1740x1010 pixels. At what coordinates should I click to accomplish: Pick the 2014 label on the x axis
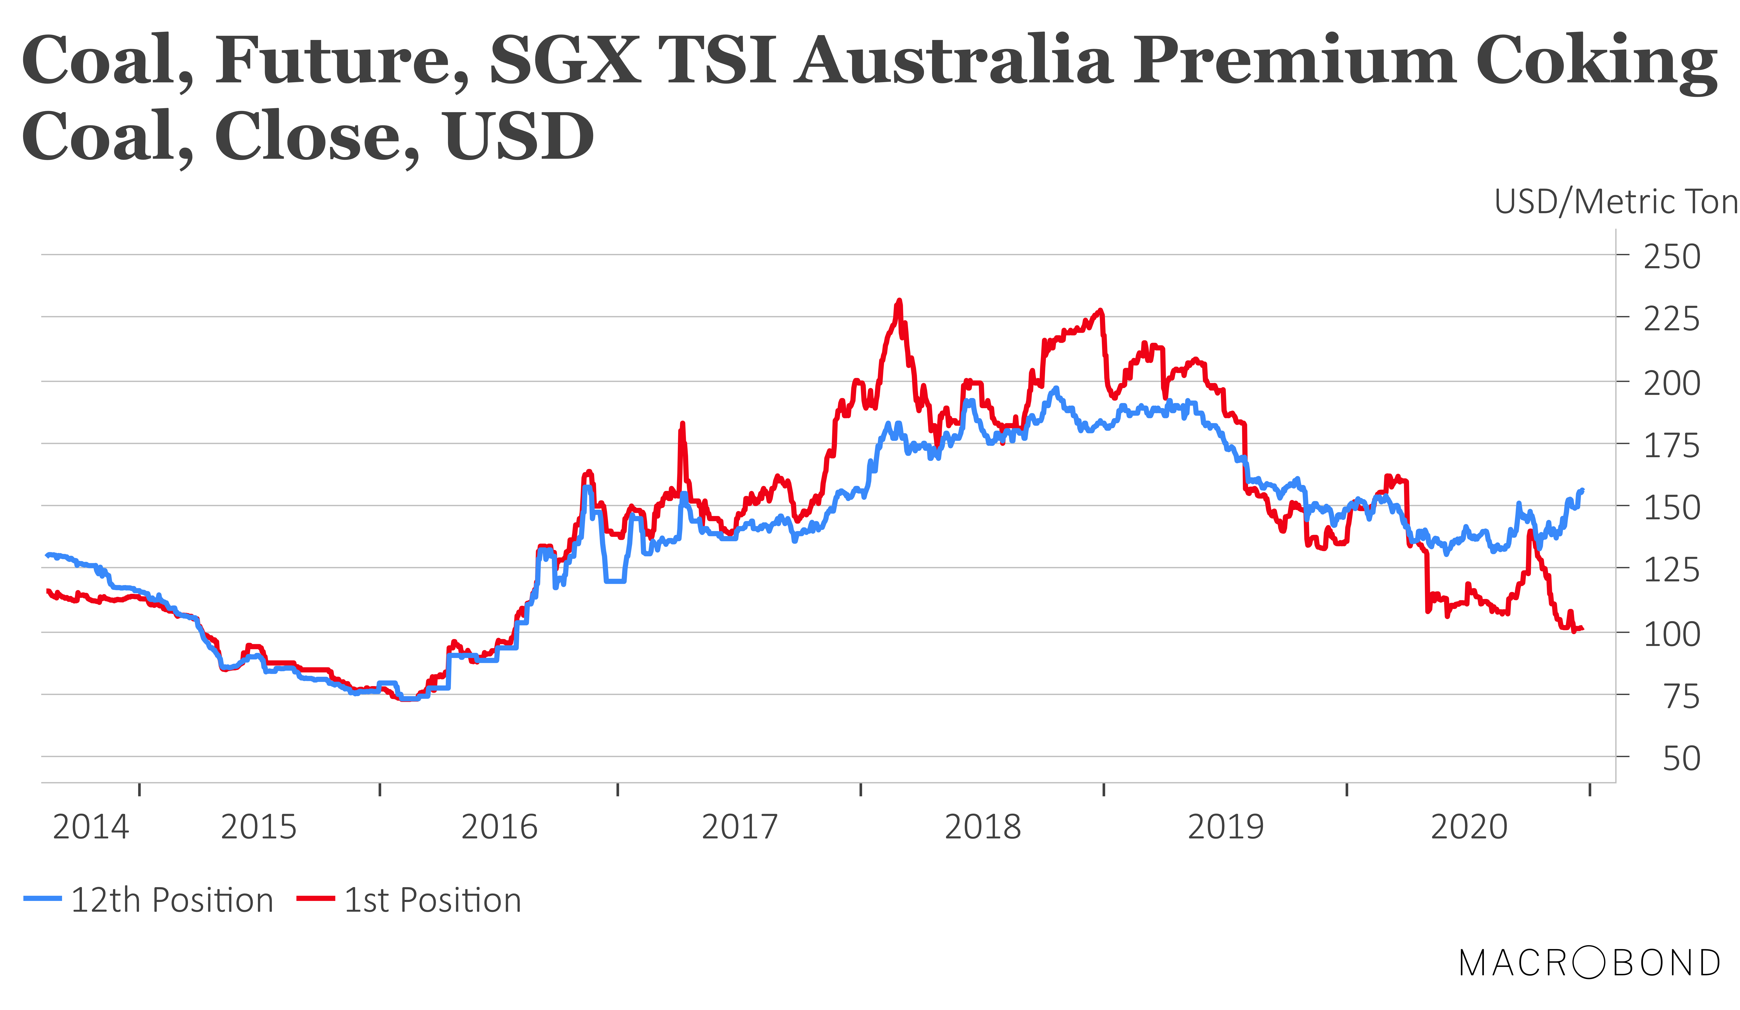pyautogui.click(x=90, y=827)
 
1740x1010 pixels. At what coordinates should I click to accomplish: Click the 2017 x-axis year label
pyautogui.click(x=739, y=827)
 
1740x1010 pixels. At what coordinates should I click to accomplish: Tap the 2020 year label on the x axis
pyautogui.click(x=1469, y=827)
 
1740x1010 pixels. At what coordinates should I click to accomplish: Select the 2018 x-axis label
pyautogui.click(x=983, y=827)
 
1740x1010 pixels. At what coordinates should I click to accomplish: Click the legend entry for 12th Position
pyautogui.click(x=149, y=900)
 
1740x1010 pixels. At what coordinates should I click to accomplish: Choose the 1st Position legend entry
pyautogui.click(x=409, y=900)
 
